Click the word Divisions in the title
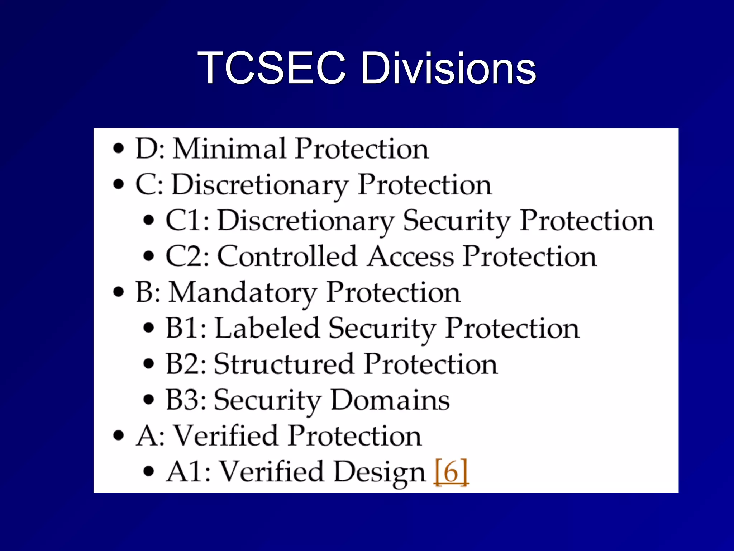pyautogui.click(x=448, y=68)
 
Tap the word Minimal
pyautogui.click(x=230, y=149)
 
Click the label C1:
pyautogui.click(x=187, y=220)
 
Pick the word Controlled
pyautogui.click(x=287, y=256)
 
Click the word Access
pyautogui.click(x=410, y=256)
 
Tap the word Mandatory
pyautogui.click(x=243, y=293)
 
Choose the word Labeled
pyautogui.click(x=267, y=328)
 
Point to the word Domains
pyautogui.click(x=390, y=400)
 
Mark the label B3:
pyautogui.click(x=186, y=400)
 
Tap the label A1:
pyautogui.click(x=188, y=471)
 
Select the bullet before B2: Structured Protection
pyautogui.click(x=148, y=364)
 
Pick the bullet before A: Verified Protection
pyautogui.click(x=118, y=435)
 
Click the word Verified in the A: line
pyautogui.click(x=225, y=435)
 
